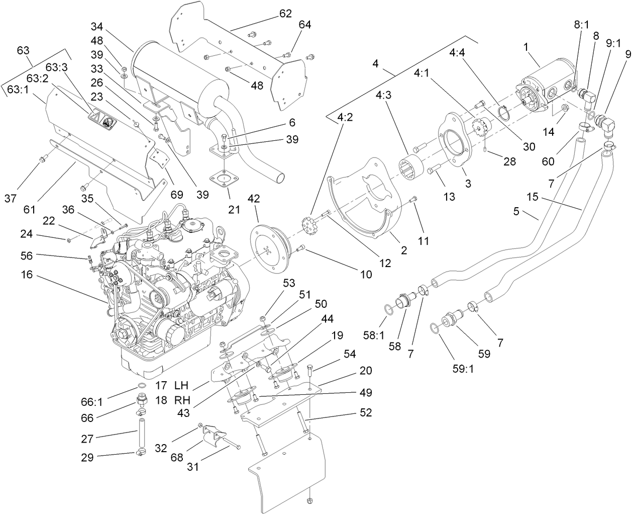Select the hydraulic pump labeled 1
tap(546, 91)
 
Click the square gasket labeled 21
tap(222, 180)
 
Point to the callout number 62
tap(285, 14)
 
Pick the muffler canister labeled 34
tap(171, 75)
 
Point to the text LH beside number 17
tap(181, 385)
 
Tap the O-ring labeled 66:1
tap(142, 386)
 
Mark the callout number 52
tap(366, 412)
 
